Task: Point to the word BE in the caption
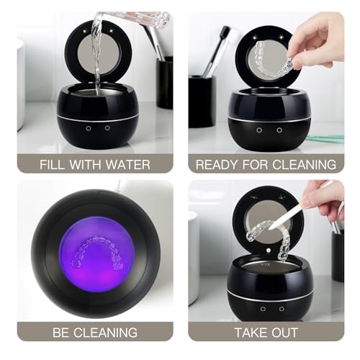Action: coord(58,333)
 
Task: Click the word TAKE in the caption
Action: coord(249,333)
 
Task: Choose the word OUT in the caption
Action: coord(289,333)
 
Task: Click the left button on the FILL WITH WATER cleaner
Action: coord(88,127)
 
